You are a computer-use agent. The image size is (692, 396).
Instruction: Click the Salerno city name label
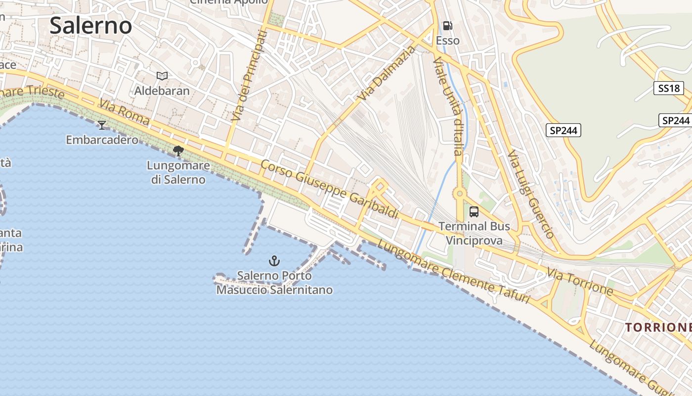[91, 26]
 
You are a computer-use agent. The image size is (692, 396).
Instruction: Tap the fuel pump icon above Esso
[447, 26]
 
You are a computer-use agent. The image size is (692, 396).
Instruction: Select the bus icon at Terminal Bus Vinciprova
[474, 212]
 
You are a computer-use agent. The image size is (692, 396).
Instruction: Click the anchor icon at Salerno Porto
[274, 260]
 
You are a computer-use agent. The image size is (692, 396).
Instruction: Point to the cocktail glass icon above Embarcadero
[102, 125]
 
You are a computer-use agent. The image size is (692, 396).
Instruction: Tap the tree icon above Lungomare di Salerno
[178, 150]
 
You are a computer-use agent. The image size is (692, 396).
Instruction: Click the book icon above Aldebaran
[162, 76]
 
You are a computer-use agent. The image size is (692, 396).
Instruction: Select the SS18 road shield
[669, 89]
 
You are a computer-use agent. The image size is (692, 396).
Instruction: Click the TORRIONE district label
[658, 327]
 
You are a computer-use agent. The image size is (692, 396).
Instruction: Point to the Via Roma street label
[124, 112]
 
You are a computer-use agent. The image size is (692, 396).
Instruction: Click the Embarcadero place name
[102, 140]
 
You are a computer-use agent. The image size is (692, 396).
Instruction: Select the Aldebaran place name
[162, 91]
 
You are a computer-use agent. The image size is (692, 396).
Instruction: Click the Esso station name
[448, 41]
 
